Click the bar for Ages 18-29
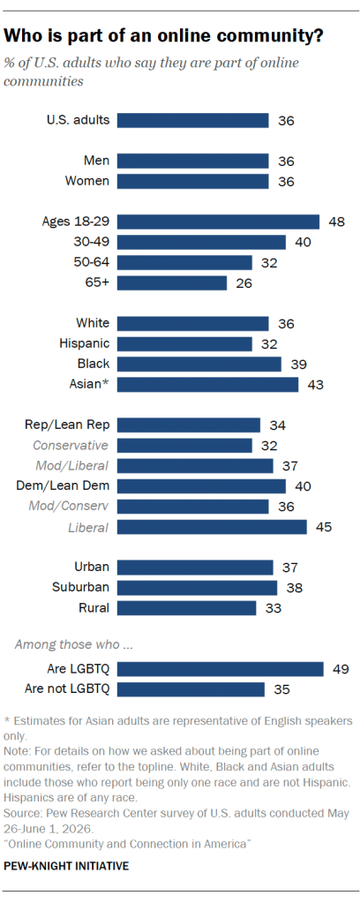coord(218,222)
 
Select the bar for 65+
coord(172,282)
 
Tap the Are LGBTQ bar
coord(221,668)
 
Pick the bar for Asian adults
coord(208,384)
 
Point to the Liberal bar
coord(212,527)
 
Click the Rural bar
coord(187,608)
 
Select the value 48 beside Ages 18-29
coord(336,222)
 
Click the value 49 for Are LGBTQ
coord(341,668)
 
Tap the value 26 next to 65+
coord(244,282)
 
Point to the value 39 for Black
coord(298,364)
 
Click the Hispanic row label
coord(84,343)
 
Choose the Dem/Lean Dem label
coord(63,486)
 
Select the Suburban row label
coord(80,588)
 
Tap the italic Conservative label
coord(71,445)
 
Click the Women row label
coord(87,181)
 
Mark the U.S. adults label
coord(78,120)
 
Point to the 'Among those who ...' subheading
coord(74,645)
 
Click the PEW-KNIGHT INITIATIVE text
coord(66,866)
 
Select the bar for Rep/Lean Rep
coord(189,425)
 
